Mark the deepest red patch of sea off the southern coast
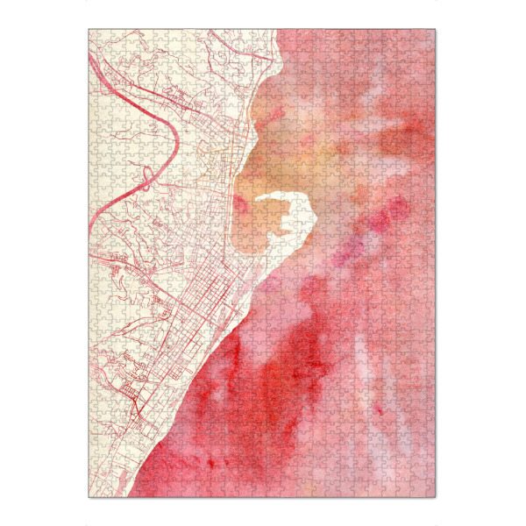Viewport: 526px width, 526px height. [263, 386]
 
